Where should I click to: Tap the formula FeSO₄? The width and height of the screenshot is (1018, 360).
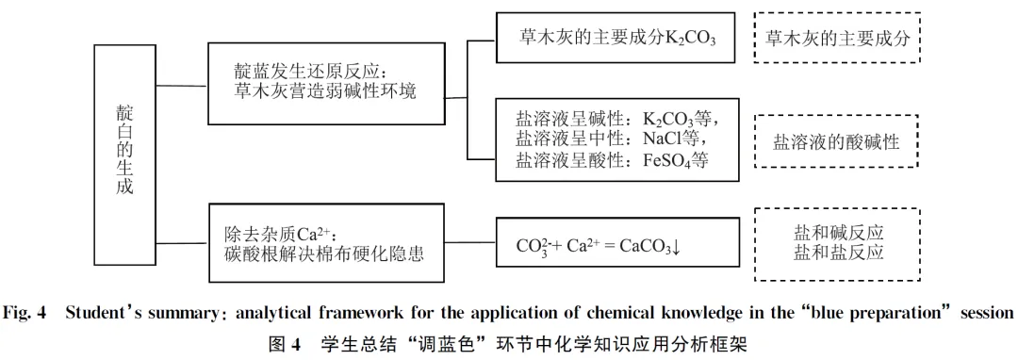pos(666,160)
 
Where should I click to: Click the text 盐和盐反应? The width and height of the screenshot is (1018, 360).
pos(838,253)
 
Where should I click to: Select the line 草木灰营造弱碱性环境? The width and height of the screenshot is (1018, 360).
pos(325,91)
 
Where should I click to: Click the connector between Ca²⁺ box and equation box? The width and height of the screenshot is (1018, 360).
pos(470,243)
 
